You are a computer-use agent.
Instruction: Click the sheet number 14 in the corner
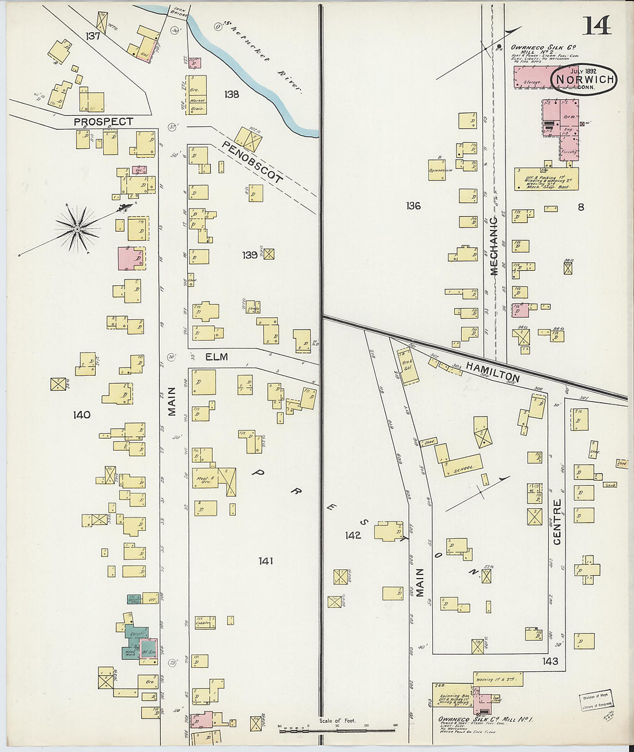[597, 26]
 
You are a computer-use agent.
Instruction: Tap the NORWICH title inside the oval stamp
[583, 79]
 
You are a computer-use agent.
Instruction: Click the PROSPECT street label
[103, 122]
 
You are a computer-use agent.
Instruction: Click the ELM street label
[216, 357]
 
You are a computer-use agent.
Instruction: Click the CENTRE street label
[557, 522]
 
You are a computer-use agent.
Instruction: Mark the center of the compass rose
[77, 229]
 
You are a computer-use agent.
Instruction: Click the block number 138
[231, 94]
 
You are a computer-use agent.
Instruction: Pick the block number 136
[413, 206]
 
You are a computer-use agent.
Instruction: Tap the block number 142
[353, 535]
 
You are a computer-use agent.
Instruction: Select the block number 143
[550, 661]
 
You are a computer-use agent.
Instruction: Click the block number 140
[82, 414]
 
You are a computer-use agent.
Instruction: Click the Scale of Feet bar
[337, 730]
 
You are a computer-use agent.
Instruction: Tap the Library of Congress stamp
[597, 701]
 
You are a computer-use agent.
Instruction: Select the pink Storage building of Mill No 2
[531, 78]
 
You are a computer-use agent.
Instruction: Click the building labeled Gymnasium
[440, 171]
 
